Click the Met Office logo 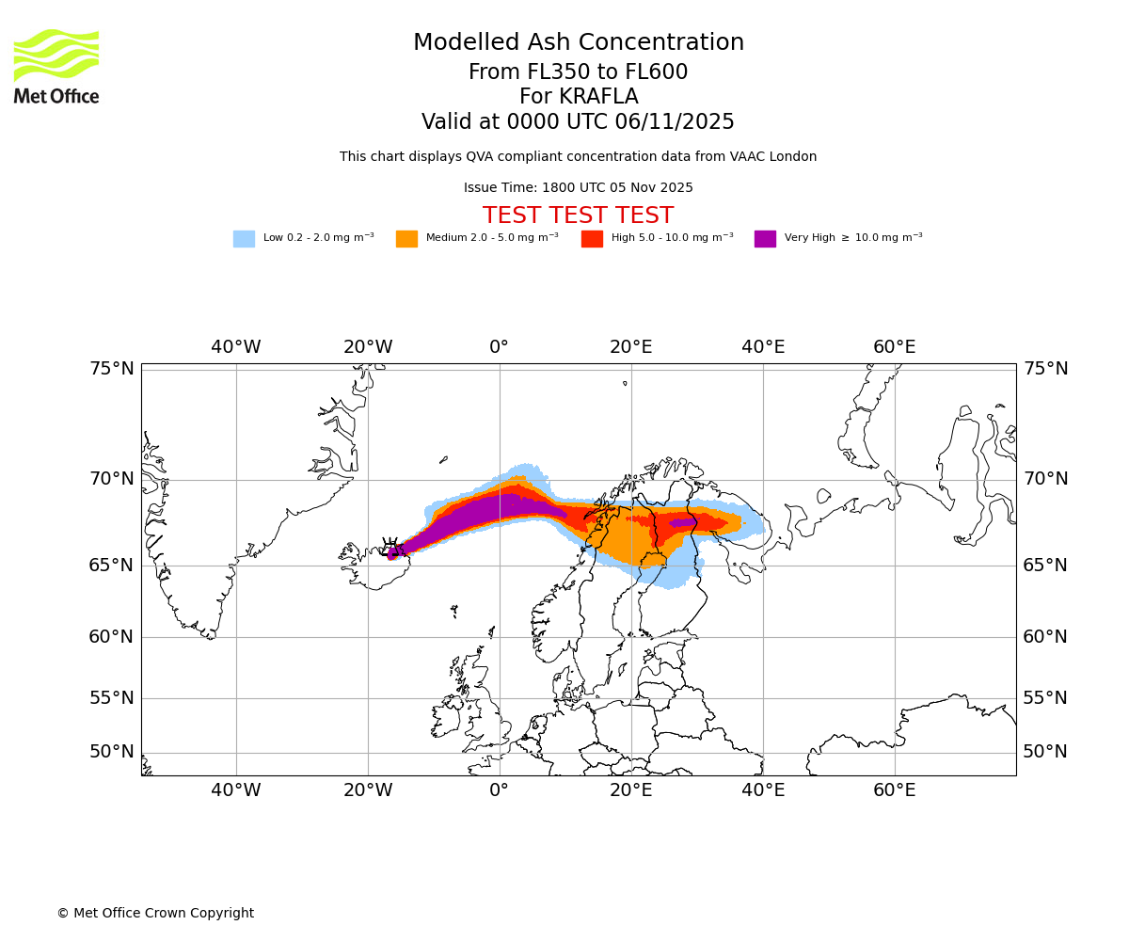click(56, 66)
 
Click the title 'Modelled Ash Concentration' click(578, 43)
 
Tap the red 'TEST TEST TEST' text click(578, 216)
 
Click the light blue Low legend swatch click(244, 239)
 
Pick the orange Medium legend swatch click(406, 239)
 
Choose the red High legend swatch click(592, 239)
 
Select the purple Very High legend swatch click(765, 239)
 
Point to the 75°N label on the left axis click(112, 369)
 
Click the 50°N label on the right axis click(1045, 752)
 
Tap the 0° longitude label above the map click(499, 347)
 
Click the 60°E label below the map click(894, 790)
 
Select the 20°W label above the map click(368, 347)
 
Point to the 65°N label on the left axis click(112, 566)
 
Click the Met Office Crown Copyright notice click(155, 914)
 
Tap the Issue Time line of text click(578, 188)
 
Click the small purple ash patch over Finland click(683, 522)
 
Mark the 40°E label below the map click(763, 790)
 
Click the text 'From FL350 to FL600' click(578, 72)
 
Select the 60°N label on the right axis click(1045, 637)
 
